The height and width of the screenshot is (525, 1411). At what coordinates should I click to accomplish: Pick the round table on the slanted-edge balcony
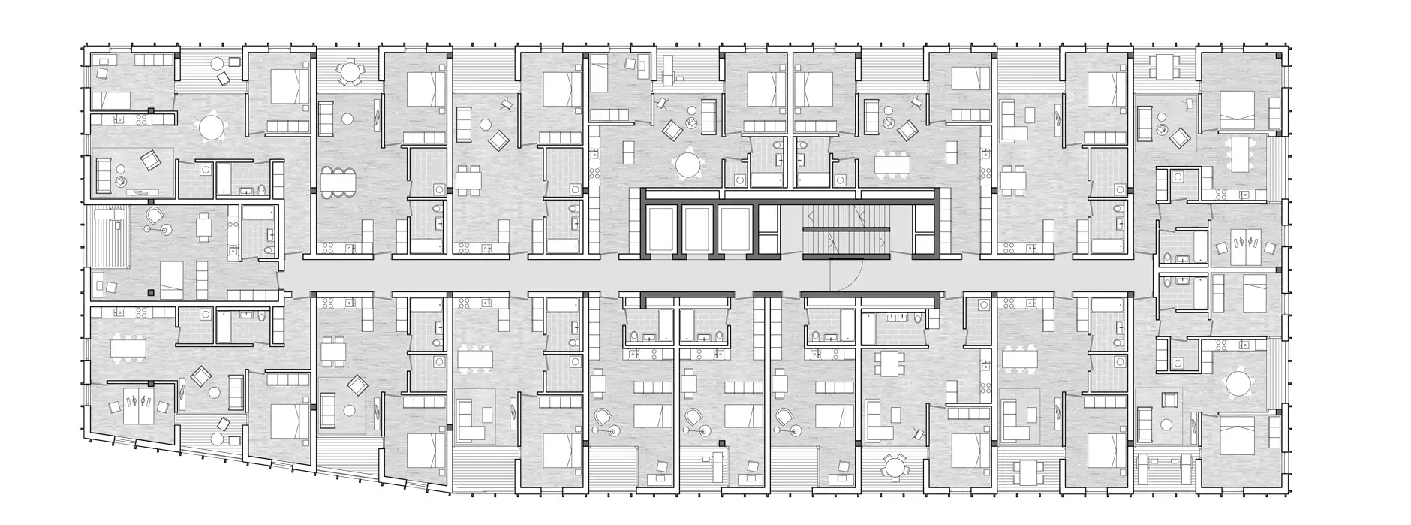(218, 439)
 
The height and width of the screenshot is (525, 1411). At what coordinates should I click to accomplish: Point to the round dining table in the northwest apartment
(213, 128)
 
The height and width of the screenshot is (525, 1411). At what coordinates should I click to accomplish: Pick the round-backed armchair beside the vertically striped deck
(155, 216)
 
